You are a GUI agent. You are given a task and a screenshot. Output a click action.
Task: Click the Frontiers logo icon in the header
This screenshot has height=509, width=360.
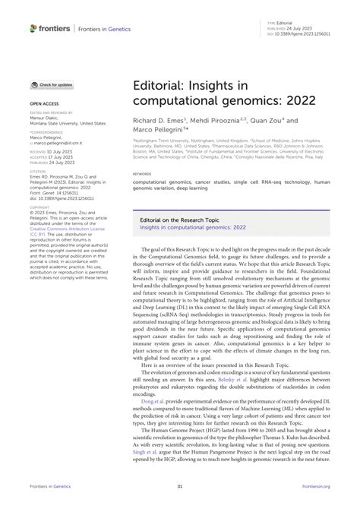(x=33, y=28)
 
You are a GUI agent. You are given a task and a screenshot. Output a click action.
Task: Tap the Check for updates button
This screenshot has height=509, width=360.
(x=53, y=84)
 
